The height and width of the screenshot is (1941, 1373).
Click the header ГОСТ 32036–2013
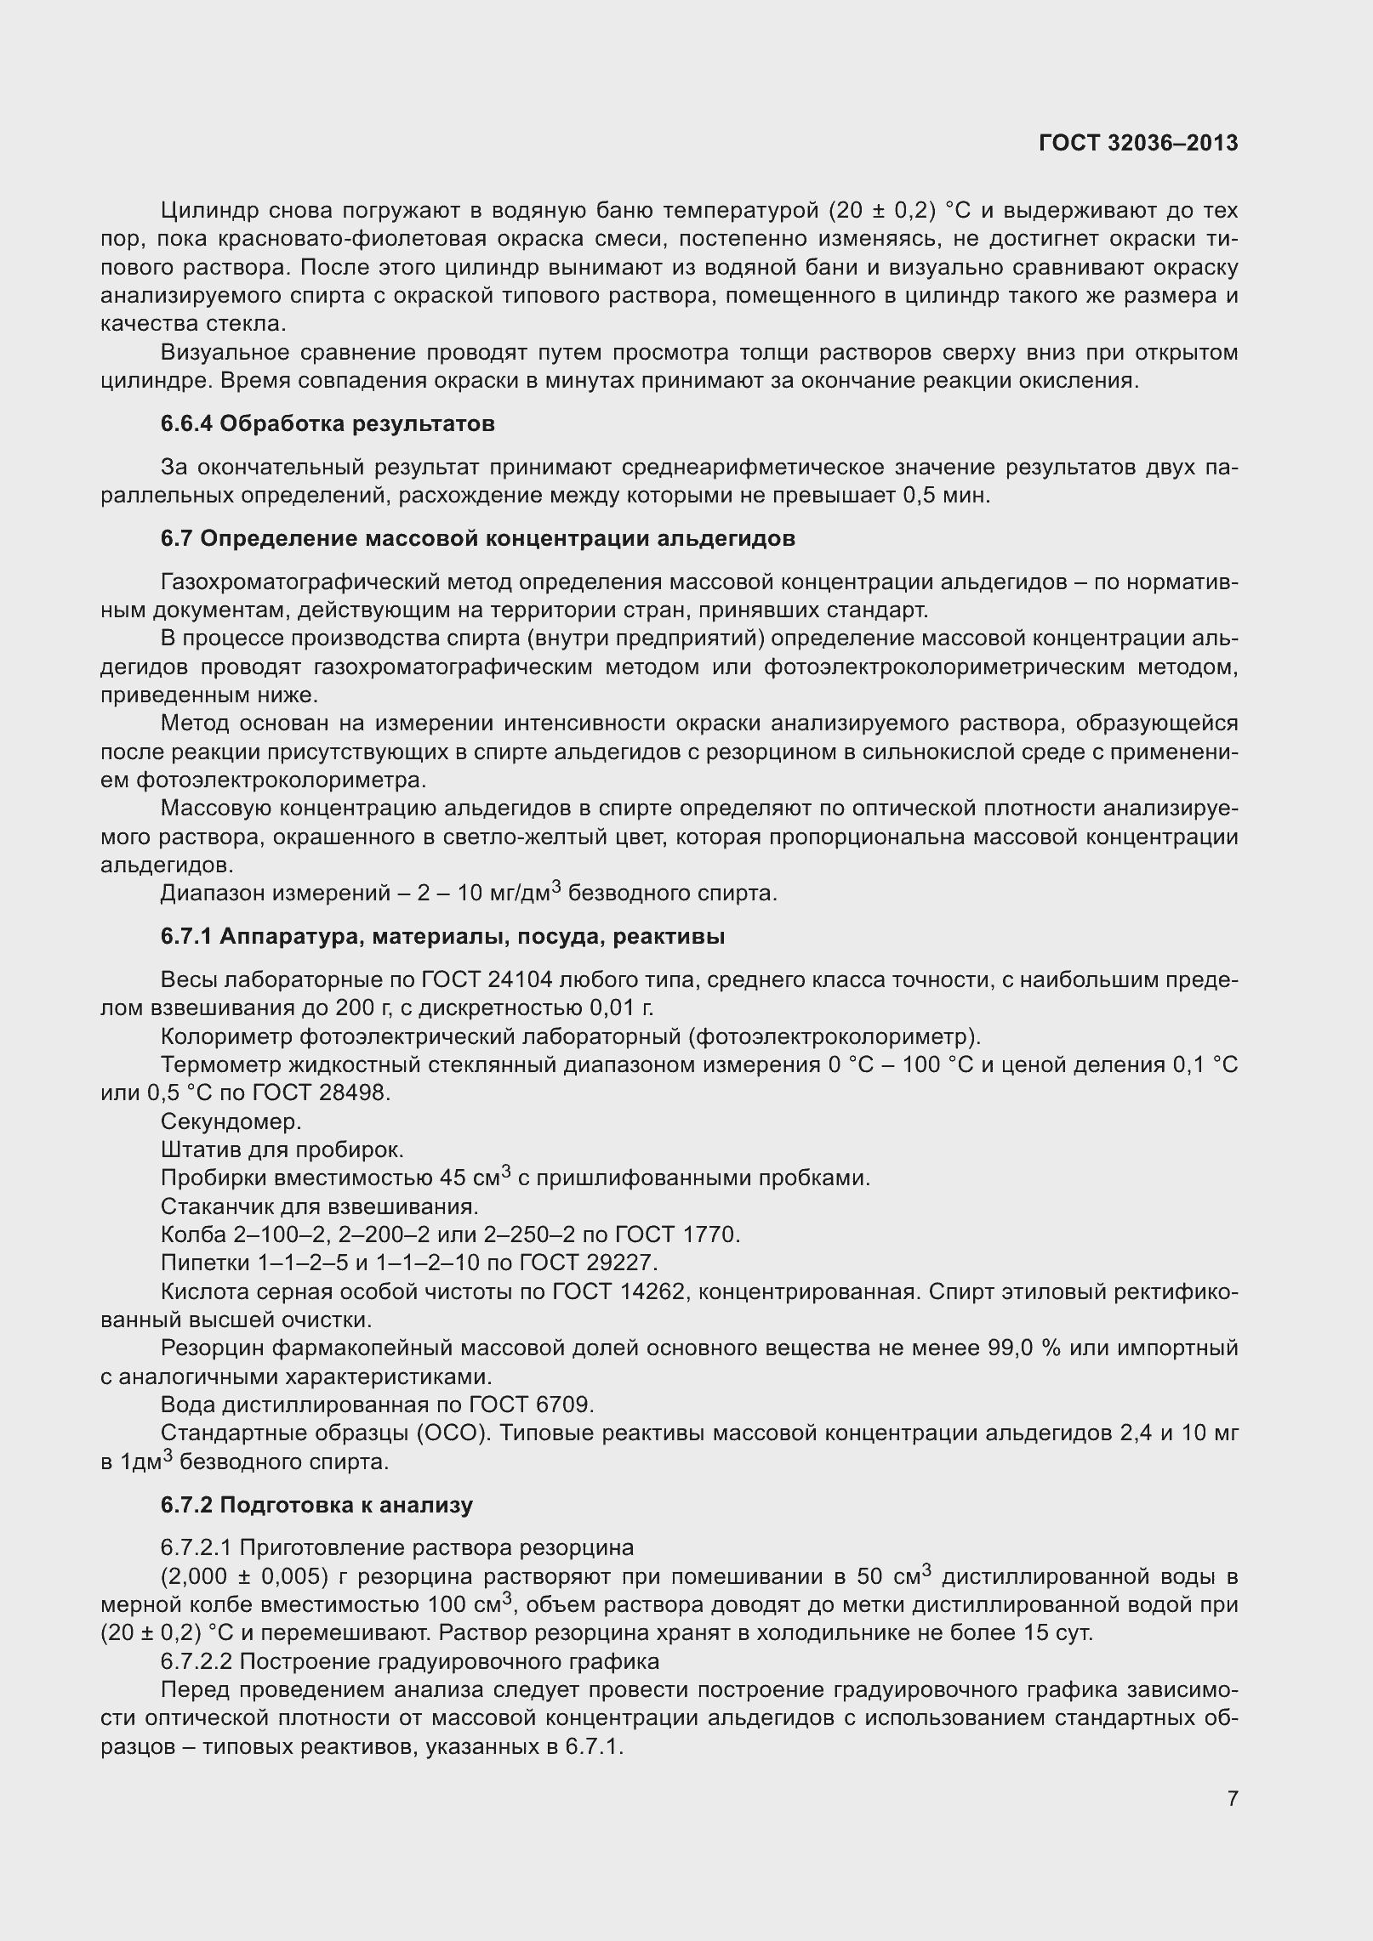tap(1137, 144)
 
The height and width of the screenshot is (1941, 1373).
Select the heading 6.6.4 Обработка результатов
tap(328, 423)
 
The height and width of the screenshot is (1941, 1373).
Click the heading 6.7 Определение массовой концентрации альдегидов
tap(477, 538)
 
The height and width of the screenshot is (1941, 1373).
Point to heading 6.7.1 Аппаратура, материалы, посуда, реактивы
tap(442, 937)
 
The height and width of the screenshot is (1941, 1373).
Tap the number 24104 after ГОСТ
tap(521, 980)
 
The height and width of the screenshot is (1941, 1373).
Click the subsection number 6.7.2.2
tap(202, 1661)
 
